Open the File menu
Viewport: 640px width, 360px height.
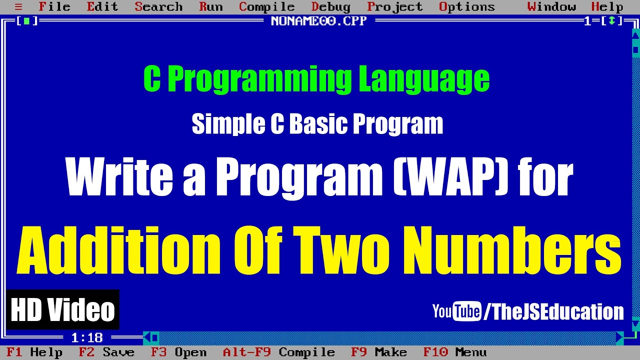(54, 7)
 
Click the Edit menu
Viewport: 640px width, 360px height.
(102, 7)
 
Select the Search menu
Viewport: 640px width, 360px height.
(158, 7)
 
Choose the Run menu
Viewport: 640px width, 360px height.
(211, 7)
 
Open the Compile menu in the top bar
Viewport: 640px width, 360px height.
(266, 7)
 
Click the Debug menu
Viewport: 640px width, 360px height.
(330, 7)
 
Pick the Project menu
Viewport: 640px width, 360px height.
(394, 7)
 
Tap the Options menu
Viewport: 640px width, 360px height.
(466, 7)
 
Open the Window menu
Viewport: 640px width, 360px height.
(551, 7)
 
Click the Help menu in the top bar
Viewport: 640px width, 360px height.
(607, 7)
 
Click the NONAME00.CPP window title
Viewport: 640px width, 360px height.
(318, 21)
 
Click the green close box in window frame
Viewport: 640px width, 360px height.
(27, 21)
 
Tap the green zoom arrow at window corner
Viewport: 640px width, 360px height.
(611, 21)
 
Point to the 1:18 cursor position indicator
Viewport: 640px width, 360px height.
(86, 337)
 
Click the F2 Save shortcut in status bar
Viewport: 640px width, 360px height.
(106, 352)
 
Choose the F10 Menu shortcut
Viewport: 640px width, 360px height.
(454, 352)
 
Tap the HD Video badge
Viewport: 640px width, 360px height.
(63, 309)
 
